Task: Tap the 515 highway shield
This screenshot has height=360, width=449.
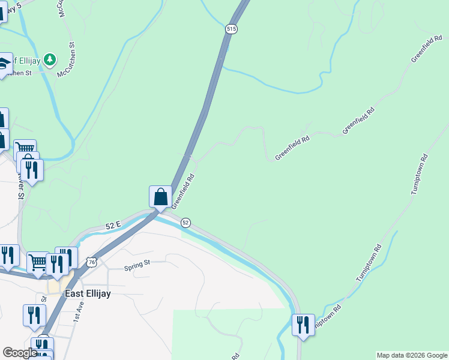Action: [232, 29]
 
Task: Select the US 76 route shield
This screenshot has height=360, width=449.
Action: [91, 262]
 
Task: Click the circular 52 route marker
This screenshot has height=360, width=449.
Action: [185, 223]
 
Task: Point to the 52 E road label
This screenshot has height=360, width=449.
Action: [113, 225]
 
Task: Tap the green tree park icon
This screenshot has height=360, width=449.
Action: [50, 59]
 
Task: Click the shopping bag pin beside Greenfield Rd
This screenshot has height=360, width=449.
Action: [160, 196]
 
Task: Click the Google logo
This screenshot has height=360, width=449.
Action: [20, 353]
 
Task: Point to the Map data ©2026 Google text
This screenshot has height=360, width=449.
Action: [412, 355]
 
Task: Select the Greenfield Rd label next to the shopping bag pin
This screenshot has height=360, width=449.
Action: [184, 191]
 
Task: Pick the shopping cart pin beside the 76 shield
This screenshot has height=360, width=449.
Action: [38, 262]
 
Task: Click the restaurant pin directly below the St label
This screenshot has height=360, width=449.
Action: [34, 314]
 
